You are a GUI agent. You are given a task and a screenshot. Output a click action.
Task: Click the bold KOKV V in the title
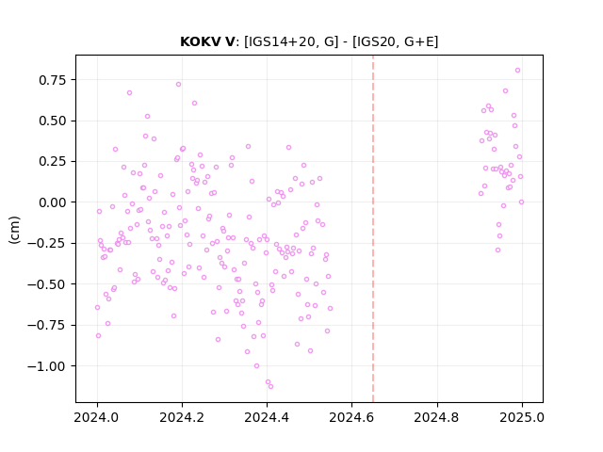[207, 41]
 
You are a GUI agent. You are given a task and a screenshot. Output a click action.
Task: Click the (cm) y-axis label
[14, 230]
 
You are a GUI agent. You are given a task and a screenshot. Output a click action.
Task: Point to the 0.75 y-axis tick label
[53, 80]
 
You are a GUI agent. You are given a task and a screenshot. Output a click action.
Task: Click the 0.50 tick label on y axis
[53, 121]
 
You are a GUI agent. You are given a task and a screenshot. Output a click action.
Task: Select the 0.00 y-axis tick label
[53, 202]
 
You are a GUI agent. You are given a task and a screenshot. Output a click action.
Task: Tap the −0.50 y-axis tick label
[46, 284]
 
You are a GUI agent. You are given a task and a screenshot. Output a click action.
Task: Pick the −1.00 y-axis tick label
[46, 366]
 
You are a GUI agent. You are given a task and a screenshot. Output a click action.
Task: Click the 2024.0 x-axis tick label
[97, 417]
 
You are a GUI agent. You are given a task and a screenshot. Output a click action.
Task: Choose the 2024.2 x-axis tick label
[182, 417]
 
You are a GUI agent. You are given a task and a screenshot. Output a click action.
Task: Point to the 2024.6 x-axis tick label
[351, 417]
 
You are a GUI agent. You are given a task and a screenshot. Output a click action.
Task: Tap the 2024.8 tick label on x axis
[437, 417]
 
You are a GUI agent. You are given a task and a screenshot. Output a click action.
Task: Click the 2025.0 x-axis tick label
[522, 417]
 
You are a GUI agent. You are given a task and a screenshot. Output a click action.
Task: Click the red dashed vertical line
[373, 229]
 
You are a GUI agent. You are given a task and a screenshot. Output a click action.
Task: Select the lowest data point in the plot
[270, 386]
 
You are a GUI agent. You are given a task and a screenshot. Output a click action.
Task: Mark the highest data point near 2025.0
[517, 70]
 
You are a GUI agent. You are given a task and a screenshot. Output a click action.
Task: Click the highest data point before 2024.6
[178, 84]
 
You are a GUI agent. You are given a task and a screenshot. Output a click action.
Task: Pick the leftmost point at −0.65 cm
[97, 308]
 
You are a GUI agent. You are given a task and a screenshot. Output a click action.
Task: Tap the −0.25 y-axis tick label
[46, 243]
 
